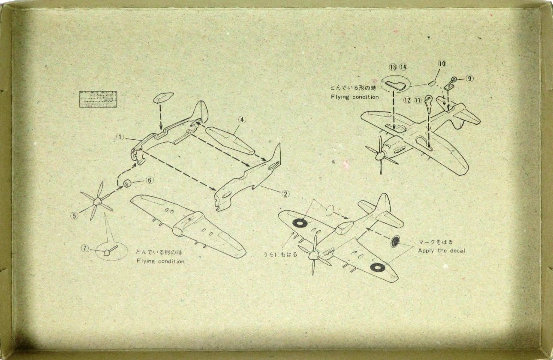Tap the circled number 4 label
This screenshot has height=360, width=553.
[x=242, y=120]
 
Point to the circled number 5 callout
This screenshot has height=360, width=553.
[x=75, y=216]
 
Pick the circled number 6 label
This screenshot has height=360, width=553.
[x=149, y=180]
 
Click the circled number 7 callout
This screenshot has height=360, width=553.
[x=85, y=248]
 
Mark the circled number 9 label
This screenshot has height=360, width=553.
[x=470, y=78]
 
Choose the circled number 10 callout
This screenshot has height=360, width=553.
[x=442, y=64]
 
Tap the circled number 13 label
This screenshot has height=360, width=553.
[x=393, y=67]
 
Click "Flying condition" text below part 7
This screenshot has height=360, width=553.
[x=160, y=261]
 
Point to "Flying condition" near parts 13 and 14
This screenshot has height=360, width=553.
[x=355, y=97]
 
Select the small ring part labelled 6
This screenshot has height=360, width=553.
[x=127, y=184]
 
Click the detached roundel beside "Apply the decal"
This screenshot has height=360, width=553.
[x=396, y=243]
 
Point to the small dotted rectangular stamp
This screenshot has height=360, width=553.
[x=98, y=99]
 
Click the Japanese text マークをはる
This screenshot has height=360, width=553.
[x=435, y=242]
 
